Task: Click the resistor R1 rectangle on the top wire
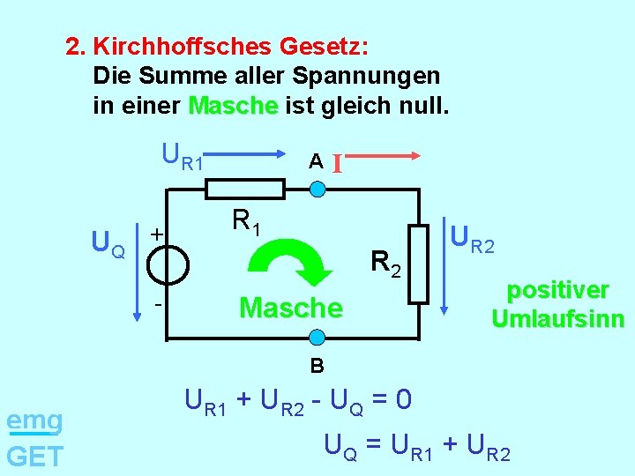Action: pyautogui.click(x=244, y=189)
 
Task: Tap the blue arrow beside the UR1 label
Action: pyautogui.click(x=257, y=160)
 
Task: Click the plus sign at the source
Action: pyautogui.click(x=155, y=234)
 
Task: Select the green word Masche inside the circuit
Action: pyautogui.click(x=290, y=308)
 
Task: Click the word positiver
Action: pyautogui.click(x=557, y=291)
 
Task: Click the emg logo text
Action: pyautogui.click(x=34, y=420)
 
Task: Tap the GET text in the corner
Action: pyautogui.click(x=34, y=457)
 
